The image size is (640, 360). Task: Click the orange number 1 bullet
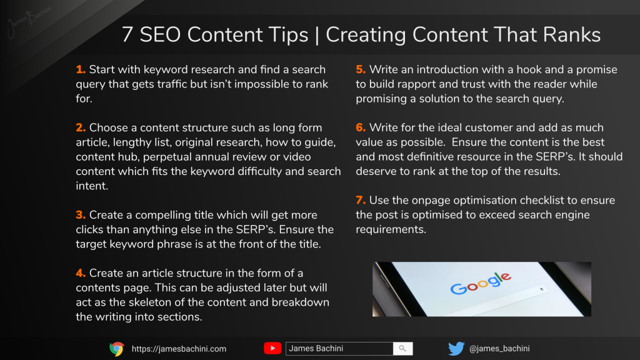(x=81, y=69)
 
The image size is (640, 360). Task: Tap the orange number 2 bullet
(x=81, y=127)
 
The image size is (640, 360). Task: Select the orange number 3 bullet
(x=81, y=215)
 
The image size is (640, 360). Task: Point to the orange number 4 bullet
(x=81, y=273)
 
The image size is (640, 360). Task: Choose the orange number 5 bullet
(x=361, y=69)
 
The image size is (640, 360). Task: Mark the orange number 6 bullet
(x=361, y=127)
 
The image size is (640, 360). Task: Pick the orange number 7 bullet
(x=361, y=201)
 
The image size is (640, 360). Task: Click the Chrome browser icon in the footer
(x=117, y=349)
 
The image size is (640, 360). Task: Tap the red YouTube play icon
(x=272, y=348)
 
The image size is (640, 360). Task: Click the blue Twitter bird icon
(x=456, y=349)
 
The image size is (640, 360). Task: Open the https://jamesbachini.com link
(x=179, y=349)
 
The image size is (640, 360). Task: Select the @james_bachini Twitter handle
(x=499, y=349)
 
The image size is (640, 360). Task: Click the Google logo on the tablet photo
(x=481, y=283)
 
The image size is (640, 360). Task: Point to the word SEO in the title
(x=160, y=34)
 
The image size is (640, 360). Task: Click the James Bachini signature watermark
(x=29, y=21)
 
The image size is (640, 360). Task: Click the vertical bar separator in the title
(x=317, y=35)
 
